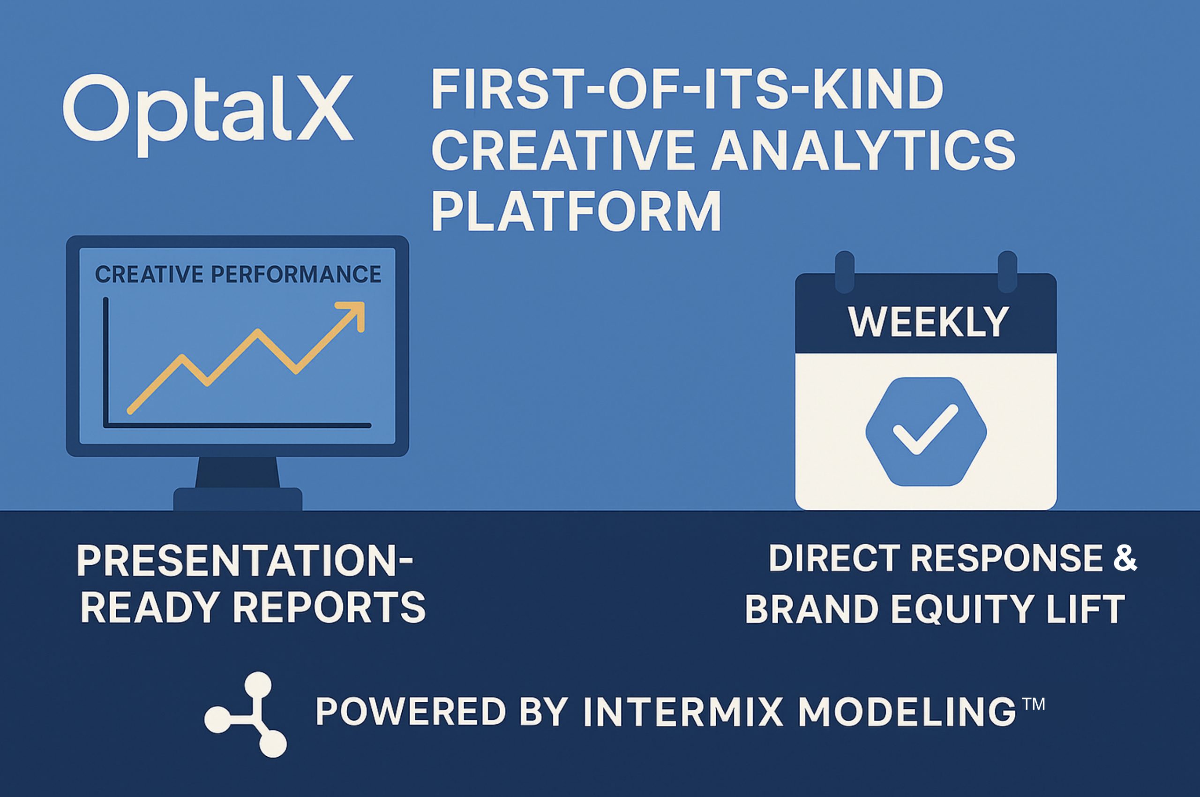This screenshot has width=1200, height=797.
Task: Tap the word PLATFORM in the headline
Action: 577,211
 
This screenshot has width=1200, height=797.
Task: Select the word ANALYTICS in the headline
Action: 863,150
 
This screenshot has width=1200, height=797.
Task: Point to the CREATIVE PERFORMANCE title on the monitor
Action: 238,275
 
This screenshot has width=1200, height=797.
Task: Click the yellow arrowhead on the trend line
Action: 353,313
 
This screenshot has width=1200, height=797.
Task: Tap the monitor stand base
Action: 238,499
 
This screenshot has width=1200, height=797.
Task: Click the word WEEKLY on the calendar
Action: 929,322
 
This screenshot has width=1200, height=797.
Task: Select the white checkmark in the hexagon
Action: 926,429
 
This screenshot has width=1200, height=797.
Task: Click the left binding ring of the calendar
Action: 845,272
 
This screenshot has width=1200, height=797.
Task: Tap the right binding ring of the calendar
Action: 1007,272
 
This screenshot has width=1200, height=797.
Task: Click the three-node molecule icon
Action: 246,715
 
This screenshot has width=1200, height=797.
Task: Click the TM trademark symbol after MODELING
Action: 1033,704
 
